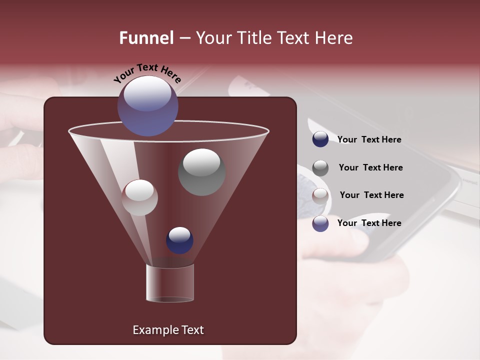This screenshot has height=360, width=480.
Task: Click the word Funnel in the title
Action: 146,38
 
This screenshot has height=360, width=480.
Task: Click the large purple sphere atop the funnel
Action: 147,106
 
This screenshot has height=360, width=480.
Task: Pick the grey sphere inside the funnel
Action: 201,172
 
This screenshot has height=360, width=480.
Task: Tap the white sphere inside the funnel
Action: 139,197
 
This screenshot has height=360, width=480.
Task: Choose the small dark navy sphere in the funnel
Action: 179,240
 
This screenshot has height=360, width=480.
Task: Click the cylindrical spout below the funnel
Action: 170,283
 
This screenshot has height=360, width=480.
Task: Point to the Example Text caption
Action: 168,330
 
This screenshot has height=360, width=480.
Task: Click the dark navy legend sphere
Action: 320,139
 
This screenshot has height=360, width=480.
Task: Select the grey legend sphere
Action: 320,167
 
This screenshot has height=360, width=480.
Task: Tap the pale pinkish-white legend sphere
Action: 320,195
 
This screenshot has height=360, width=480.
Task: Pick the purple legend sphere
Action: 320,223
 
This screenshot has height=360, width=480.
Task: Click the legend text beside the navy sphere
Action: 369,140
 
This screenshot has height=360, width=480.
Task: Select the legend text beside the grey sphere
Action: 370,168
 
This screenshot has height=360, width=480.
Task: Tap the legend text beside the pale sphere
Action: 371,195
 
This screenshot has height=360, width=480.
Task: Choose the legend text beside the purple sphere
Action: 369,223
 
